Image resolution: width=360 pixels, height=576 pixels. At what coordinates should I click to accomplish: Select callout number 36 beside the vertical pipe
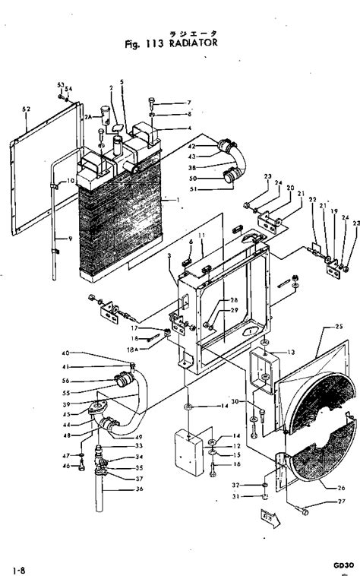[x=139, y=489]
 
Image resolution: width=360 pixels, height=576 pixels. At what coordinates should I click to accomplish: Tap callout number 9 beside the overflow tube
[x=70, y=239]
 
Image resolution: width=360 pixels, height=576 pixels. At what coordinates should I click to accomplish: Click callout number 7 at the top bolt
[x=190, y=102]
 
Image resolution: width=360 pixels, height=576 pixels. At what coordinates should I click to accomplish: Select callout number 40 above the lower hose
[x=66, y=353]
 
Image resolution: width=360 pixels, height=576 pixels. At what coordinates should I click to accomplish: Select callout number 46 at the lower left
[x=66, y=465]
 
